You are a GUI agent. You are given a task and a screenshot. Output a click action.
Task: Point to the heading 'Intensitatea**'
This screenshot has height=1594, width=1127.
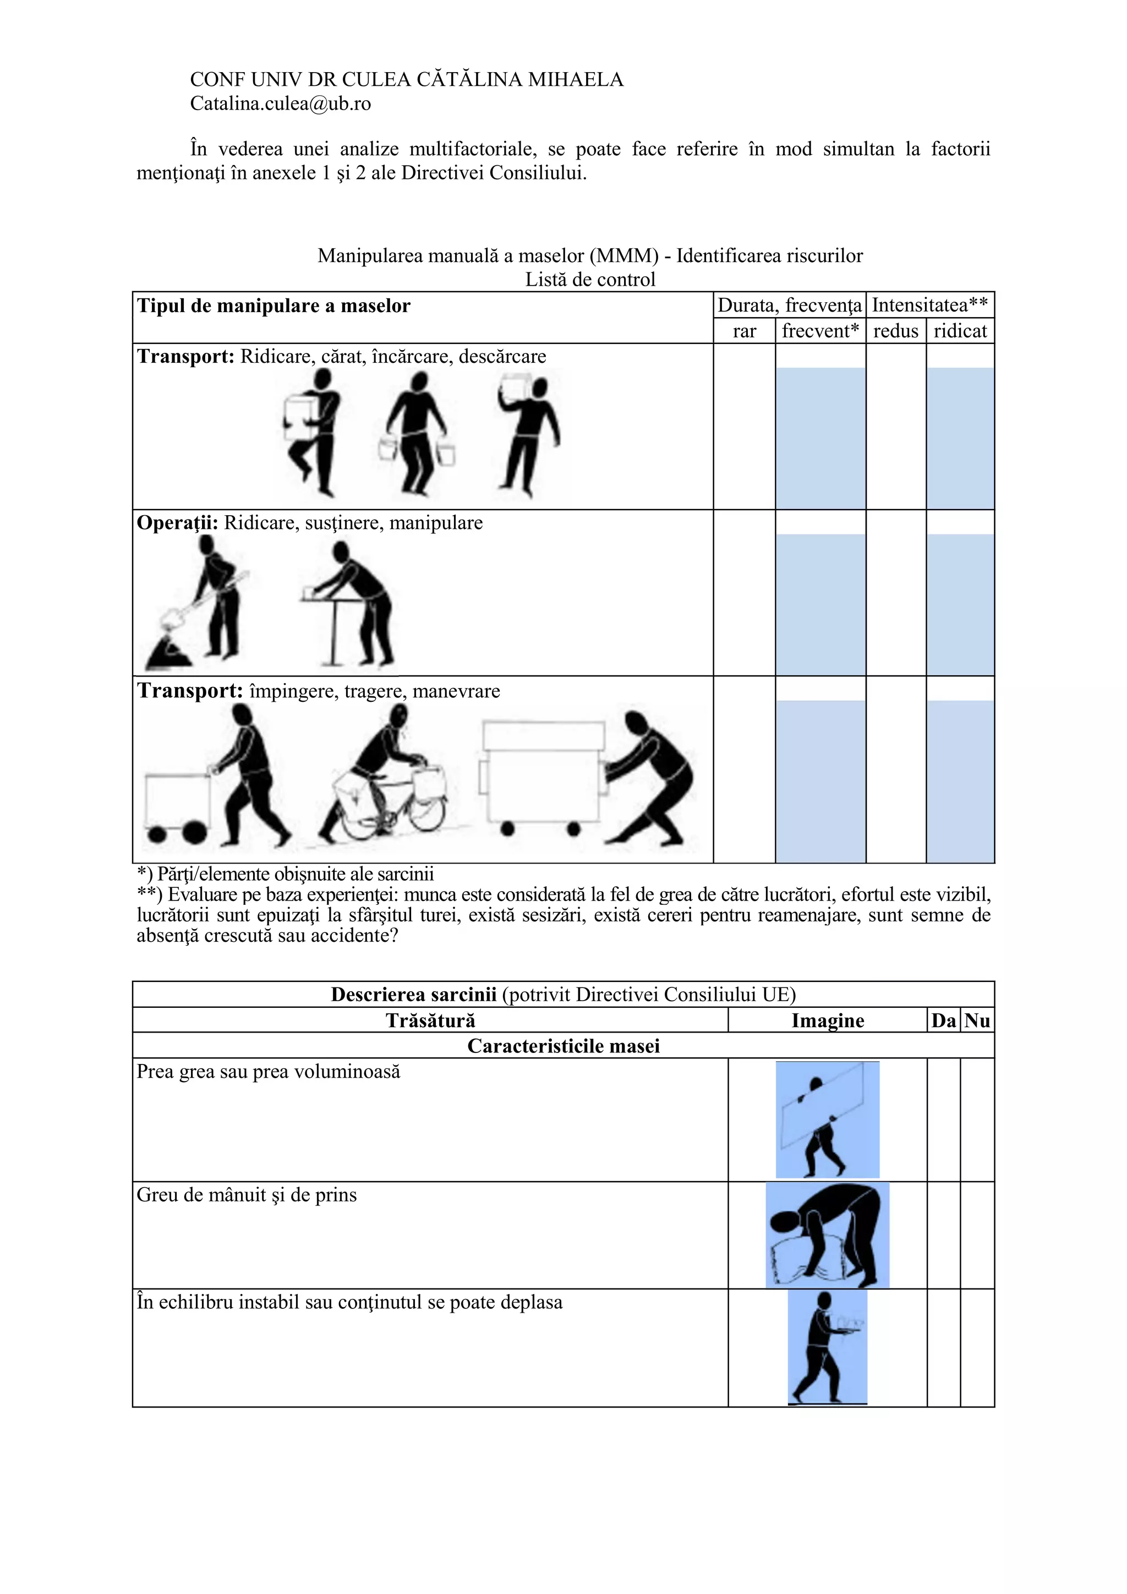[929, 305]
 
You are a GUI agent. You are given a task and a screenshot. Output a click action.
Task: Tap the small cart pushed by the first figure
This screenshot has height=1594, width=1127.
[177, 805]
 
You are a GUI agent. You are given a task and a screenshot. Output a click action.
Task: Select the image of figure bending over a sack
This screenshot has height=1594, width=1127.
[827, 1236]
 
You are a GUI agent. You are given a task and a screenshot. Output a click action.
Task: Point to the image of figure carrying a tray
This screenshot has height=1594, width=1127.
[827, 1347]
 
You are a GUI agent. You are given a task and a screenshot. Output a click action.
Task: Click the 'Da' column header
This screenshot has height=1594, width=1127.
[943, 1020]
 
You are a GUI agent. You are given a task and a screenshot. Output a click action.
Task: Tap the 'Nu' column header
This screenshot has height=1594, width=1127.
[977, 1020]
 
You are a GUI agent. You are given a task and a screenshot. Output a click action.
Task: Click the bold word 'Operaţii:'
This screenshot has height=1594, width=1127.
[177, 523]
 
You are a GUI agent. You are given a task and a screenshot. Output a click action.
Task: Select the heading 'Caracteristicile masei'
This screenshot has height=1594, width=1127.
[563, 1046]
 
